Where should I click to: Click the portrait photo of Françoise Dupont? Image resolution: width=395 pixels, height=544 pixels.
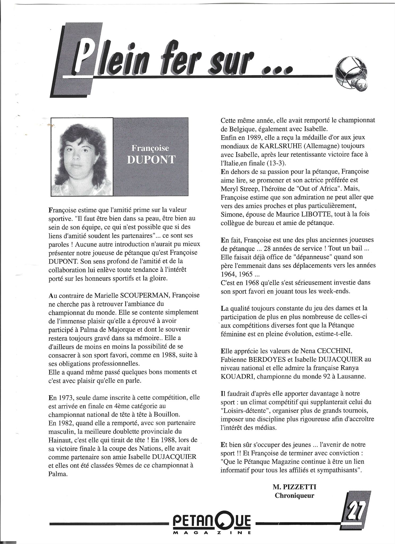[82, 156]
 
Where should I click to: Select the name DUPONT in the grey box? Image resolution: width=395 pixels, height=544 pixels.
[151, 159]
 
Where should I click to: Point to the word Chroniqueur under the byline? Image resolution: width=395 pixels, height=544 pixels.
[294, 495]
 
